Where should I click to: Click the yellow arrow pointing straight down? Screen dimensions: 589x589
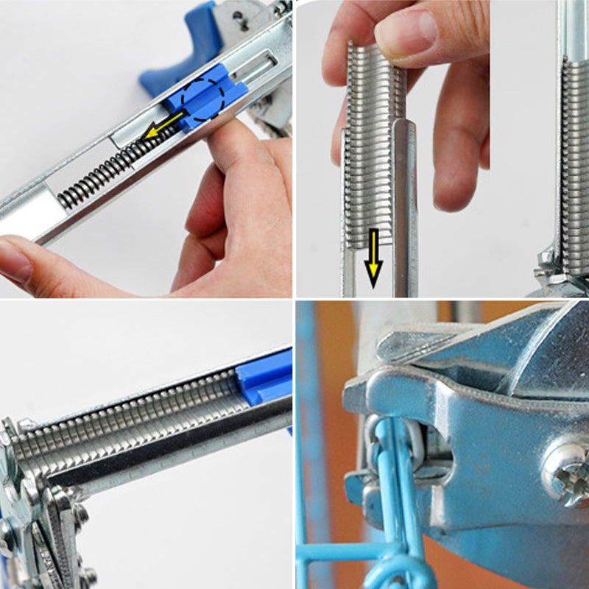click(x=373, y=258)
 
